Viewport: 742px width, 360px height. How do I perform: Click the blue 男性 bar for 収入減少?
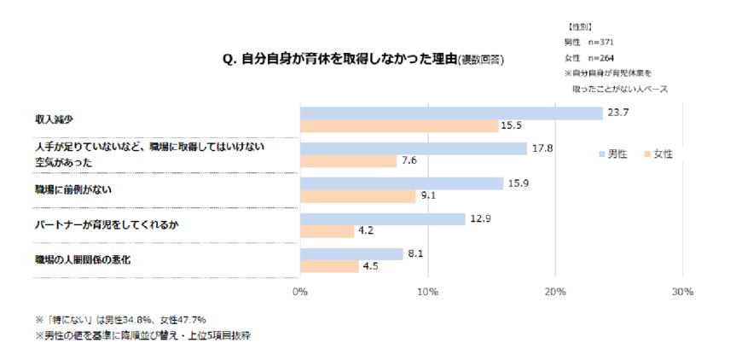(450, 113)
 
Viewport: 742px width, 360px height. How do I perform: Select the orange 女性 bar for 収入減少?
(398, 126)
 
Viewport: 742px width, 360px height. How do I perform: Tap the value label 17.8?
(541, 148)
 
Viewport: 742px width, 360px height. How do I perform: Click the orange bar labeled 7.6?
(348, 161)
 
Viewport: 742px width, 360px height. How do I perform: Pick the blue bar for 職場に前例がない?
(401, 183)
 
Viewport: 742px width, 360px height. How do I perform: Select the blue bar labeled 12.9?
(382, 218)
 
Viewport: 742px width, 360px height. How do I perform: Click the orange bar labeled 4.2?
(327, 231)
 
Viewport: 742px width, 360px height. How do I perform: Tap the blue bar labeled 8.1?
(351, 253)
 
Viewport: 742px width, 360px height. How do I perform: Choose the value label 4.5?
(369, 267)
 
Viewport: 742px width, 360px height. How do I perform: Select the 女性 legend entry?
(658, 154)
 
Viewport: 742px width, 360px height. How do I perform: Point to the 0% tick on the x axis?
(300, 292)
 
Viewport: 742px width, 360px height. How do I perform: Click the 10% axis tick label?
(427, 292)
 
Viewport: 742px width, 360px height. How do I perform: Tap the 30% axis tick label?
(681, 292)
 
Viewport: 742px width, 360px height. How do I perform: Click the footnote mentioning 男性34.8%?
(120, 319)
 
